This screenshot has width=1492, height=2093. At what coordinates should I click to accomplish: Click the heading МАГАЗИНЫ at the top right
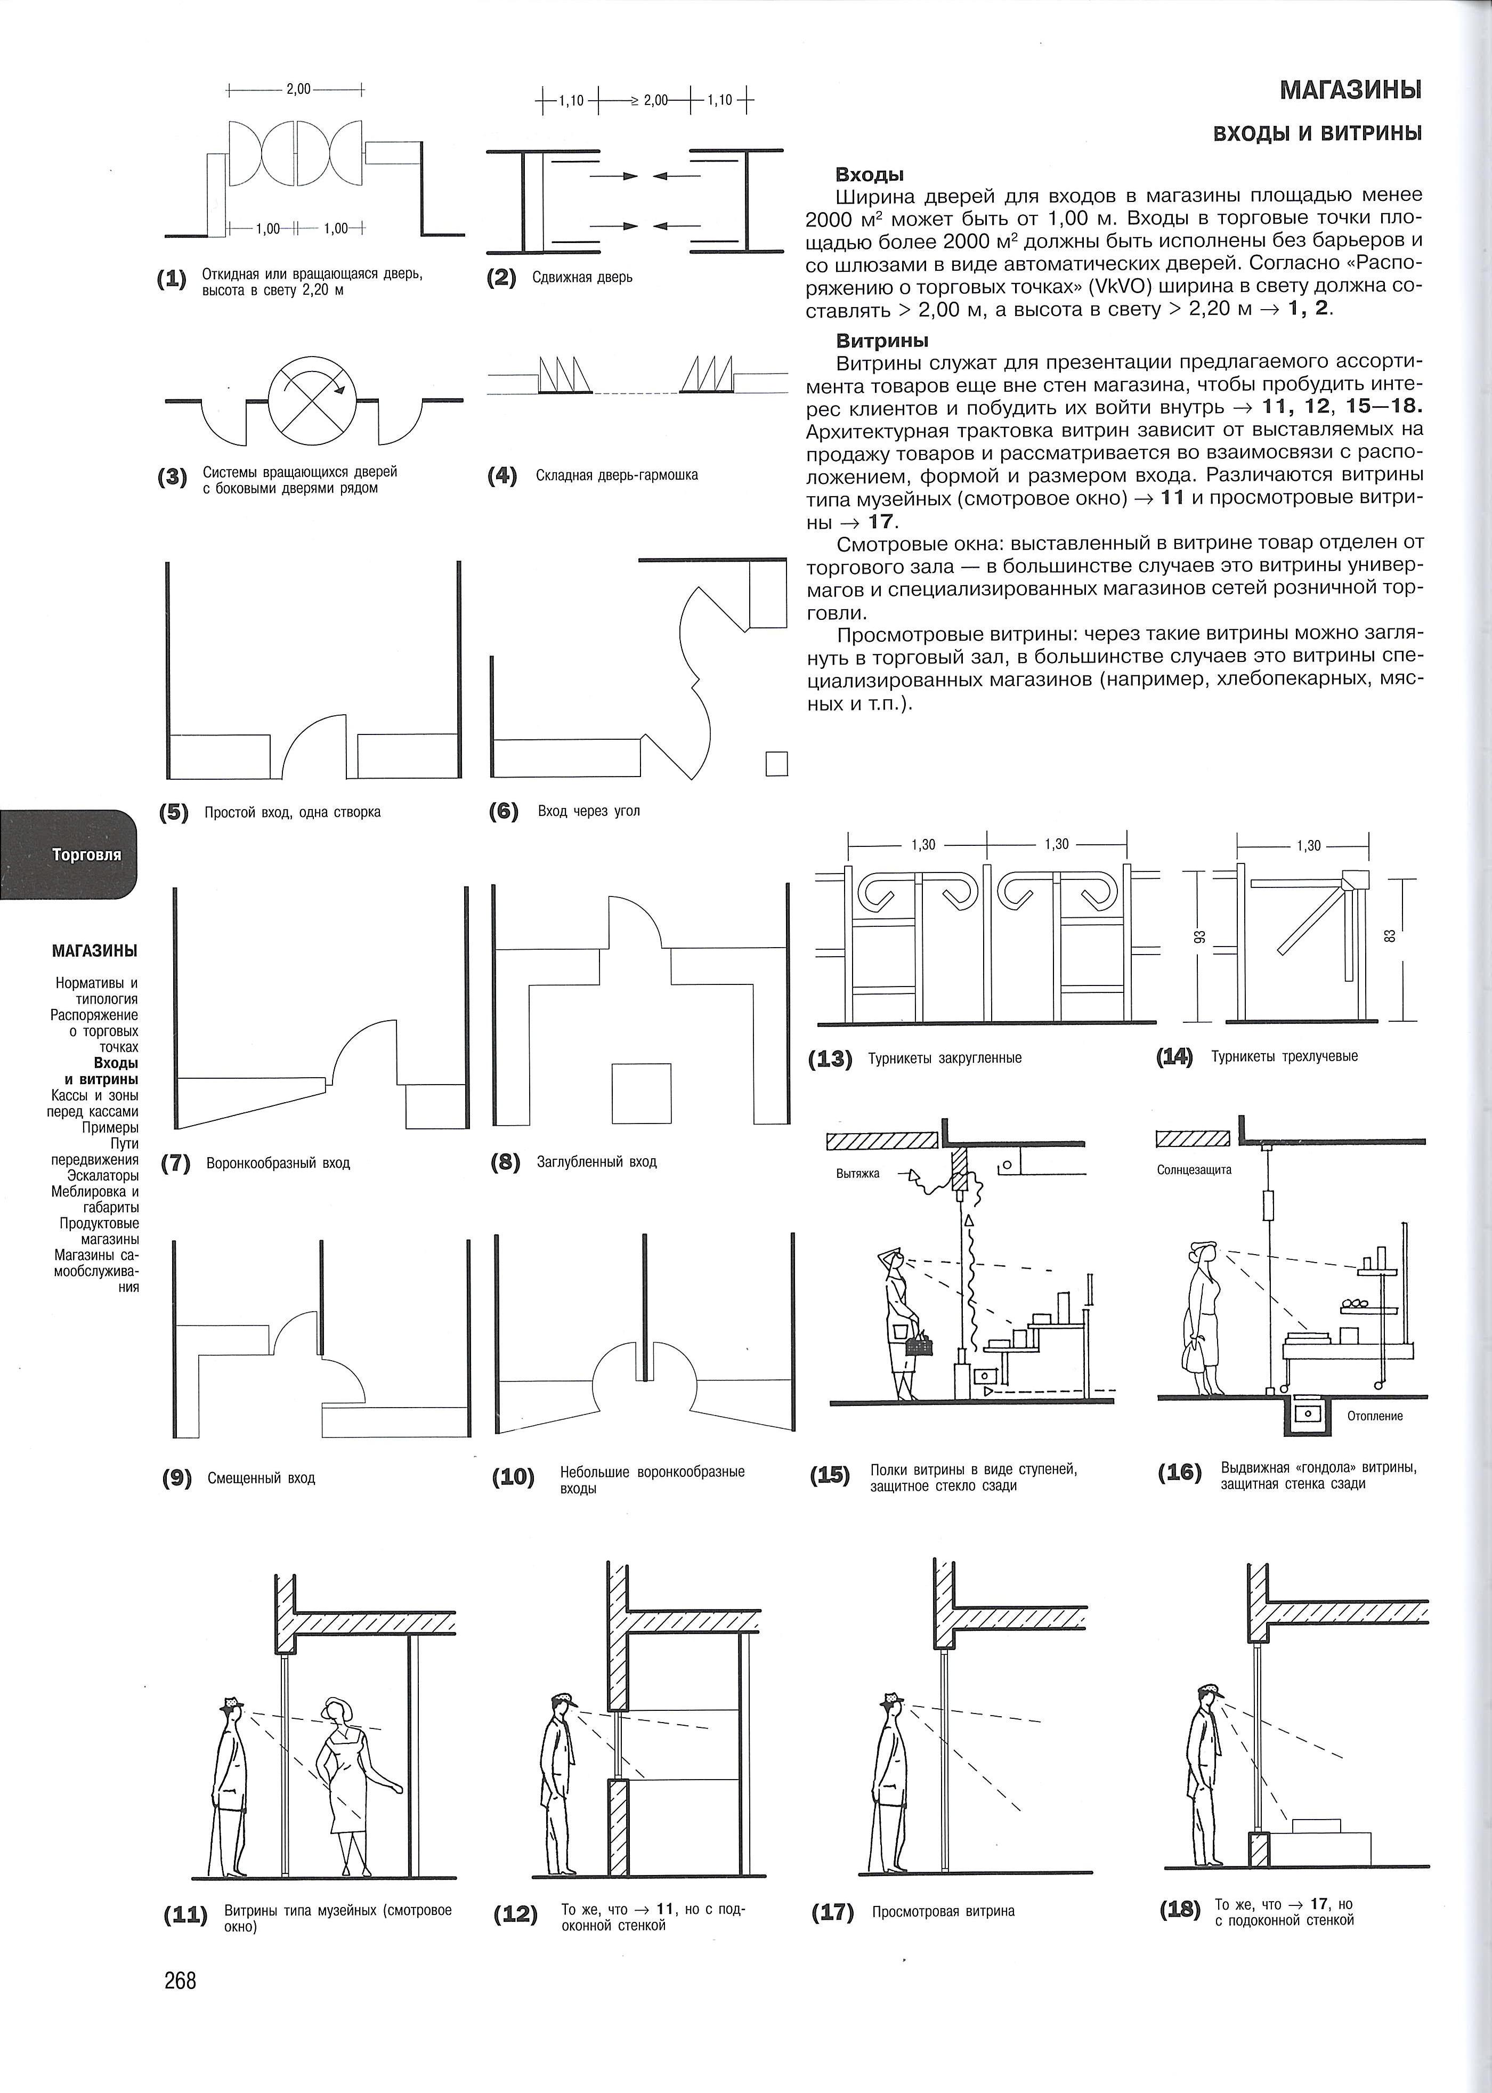(x=1350, y=90)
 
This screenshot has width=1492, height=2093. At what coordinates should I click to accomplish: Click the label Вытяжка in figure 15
(x=858, y=1173)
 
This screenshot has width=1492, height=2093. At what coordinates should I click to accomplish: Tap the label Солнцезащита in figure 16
(x=1194, y=1169)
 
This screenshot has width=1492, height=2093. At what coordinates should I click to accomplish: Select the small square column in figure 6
(x=776, y=764)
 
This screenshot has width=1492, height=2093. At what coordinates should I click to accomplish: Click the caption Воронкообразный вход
(x=278, y=1163)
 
